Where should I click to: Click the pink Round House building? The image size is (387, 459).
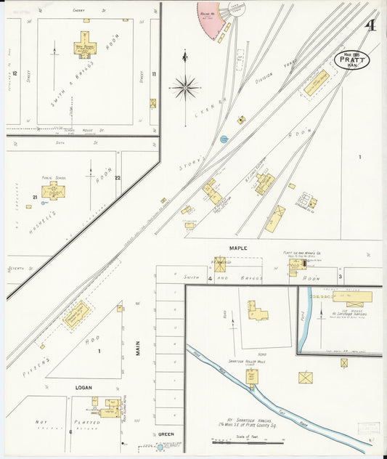click(x=211, y=20)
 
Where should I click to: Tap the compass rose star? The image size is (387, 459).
click(x=185, y=88)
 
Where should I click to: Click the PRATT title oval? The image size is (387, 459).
click(x=352, y=59)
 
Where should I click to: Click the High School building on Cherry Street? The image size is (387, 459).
click(x=86, y=49)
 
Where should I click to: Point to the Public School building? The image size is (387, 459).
click(x=52, y=192)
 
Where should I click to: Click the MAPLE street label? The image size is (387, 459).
click(x=238, y=248)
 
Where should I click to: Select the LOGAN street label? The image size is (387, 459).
click(x=83, y=388)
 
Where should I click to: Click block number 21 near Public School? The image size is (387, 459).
click(x=34, y=197)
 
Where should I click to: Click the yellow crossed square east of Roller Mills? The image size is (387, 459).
click(x=306, y=378)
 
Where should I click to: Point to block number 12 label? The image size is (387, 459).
click(x=15, y=73)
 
